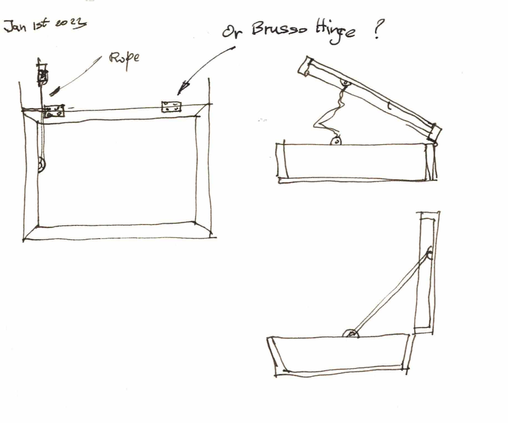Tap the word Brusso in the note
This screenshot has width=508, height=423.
click(x=279, y=28)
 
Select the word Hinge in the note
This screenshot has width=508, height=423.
click(x=335, y=33)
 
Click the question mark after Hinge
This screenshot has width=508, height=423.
click(x=378, y=29)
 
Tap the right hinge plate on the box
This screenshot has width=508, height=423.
click(x=171, y=107)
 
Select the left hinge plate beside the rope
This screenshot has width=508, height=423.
click(x=54, y=111)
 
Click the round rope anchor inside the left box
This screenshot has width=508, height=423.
click(x=41, y=165)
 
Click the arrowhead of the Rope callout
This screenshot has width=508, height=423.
click(x=55, y=91)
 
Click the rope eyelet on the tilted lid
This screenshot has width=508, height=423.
click(x=345, y=83)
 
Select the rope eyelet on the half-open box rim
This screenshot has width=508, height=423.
click(x=336, y=141)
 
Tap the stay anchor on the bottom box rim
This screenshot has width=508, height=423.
click(x=351, y=334)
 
